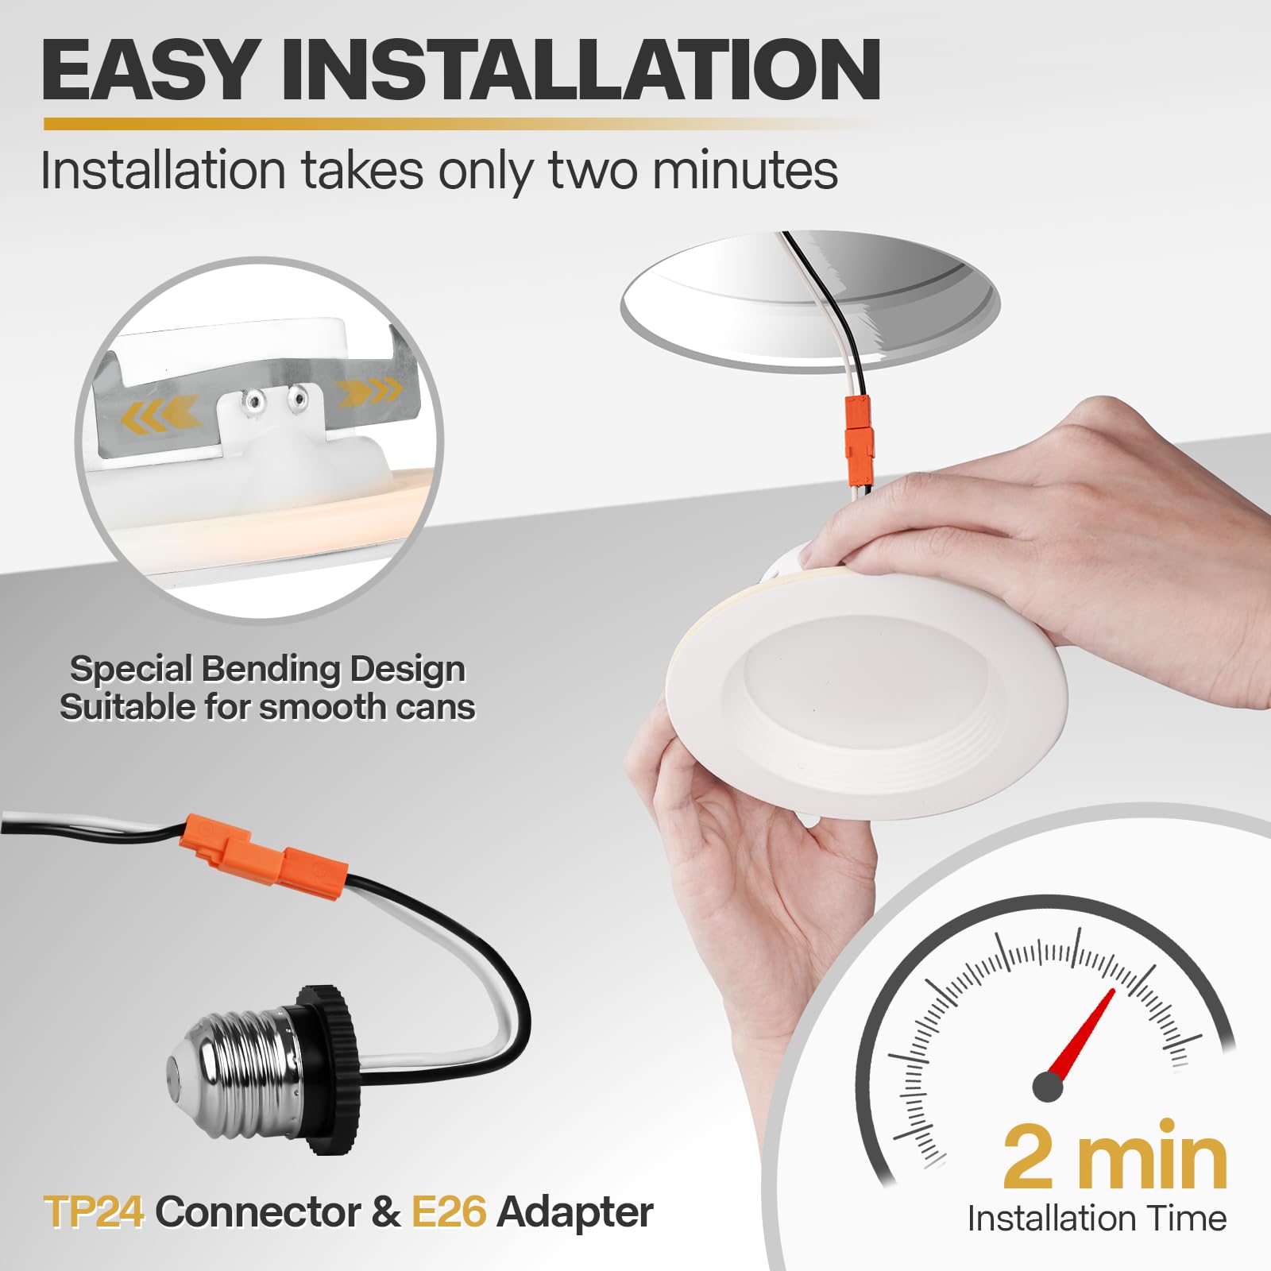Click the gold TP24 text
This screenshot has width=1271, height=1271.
click(x=95, y=1212)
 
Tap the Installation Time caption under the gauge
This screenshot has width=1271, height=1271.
click(x=1096, y=1218)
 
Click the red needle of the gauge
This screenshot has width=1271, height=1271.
click(x=1082, y=1032)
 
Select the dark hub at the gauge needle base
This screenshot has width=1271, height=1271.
click(x=1048, y=1087)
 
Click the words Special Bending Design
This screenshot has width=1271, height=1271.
click(x=268, y=669)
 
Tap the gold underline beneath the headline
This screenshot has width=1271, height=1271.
click(x=461, y=124)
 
